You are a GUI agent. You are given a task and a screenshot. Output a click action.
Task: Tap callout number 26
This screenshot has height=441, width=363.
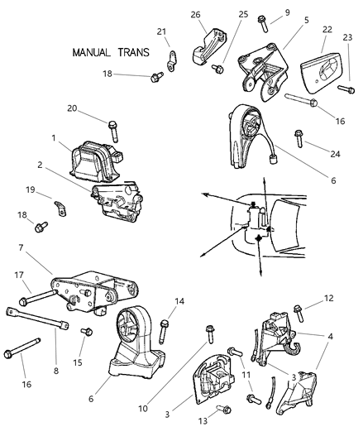pos(195,14)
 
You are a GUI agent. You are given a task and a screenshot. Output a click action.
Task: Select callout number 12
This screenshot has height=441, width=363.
pos(329,298)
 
